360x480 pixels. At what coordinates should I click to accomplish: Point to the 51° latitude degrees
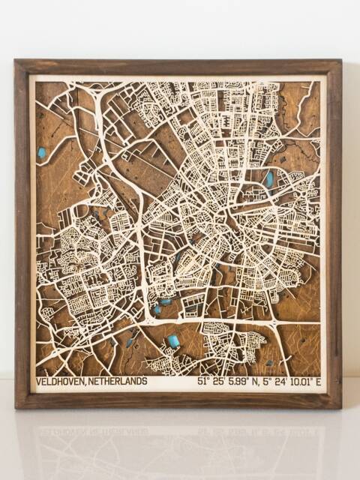point(203,382)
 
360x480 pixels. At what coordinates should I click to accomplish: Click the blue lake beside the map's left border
point(41,153)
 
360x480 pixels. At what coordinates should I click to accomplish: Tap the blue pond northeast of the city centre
point(268,178)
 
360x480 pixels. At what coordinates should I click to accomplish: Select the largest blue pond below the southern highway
point(174,341)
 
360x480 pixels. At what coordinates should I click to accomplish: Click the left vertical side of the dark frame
point(22,232)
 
